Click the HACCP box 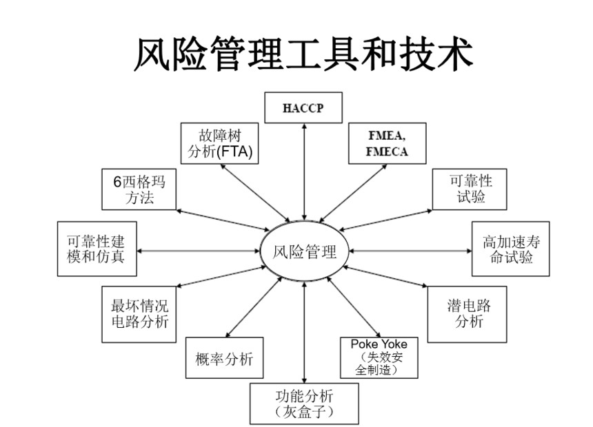click(x=303, y=108)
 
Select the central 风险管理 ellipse click(x=304, y=251)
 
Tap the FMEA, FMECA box click(x=387, y=143)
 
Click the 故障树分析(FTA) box click(x=220, y=143)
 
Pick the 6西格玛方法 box click(x=139, y=189)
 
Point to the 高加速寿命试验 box click(x=511, y=249)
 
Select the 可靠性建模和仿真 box click(x=96, y=249)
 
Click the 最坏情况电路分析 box click(x=139, y=313)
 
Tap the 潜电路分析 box click(x=468, y=313)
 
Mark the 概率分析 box click(x=224, y=358)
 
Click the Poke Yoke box click(x=379, y=357)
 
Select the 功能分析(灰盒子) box click(x=304, y=403)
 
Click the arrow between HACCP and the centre click(x=304, y=172)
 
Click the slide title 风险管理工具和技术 click(x=303, y=54)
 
